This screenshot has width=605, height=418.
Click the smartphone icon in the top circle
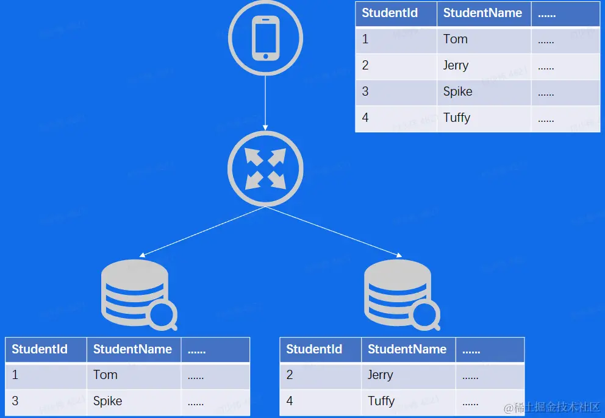(265, 38)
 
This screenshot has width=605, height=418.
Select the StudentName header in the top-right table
(482, 13)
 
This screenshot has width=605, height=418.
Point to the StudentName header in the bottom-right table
(407, 350)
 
